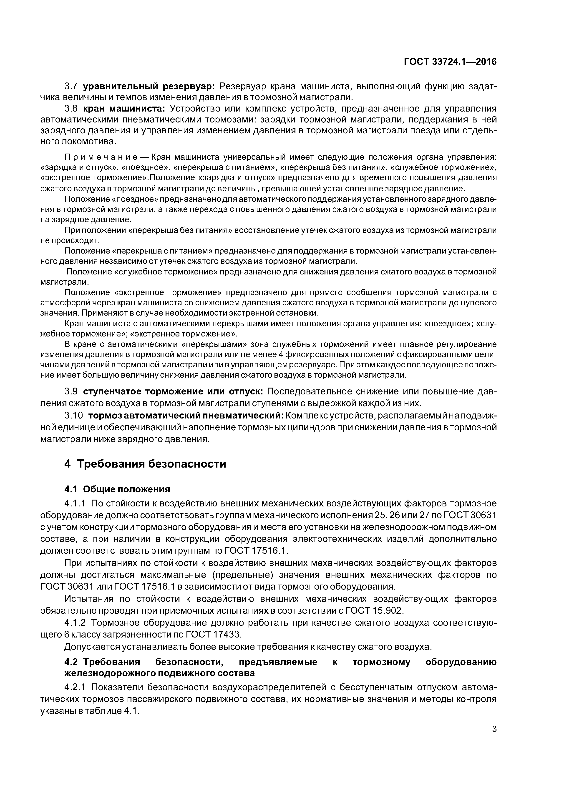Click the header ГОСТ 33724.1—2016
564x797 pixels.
pyautogui.click(x=450, y=62)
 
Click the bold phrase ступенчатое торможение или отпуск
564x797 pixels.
pyautogui.click(x=173, y=391)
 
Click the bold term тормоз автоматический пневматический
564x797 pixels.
pyautogui.click(x=186, y=416)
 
